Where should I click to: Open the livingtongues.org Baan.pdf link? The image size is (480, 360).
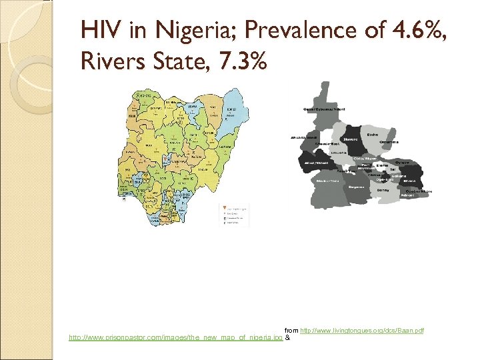click(363, 331)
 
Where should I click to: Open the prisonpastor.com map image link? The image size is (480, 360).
click(176, 338)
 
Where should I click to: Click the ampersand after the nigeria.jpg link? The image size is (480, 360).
click(287, 338)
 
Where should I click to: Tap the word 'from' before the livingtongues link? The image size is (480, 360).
click(291, 331)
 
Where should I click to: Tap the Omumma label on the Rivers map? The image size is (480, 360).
click(389, 141)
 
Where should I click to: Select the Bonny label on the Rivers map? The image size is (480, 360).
click(383, 190)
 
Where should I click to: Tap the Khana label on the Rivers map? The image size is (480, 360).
click(409, 181)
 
